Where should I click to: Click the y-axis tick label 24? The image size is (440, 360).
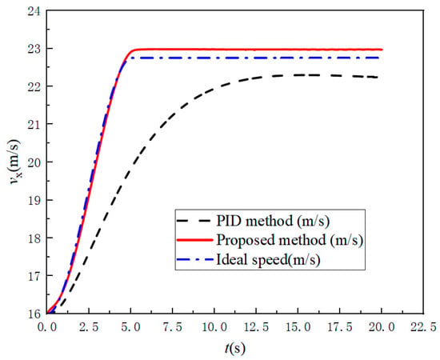[34, 11]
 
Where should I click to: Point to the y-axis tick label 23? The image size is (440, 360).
[34, 49]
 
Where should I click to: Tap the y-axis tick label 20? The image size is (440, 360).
[34, 162]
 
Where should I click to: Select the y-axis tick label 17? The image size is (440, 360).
[34, 276]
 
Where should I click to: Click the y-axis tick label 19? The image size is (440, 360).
[34, 200]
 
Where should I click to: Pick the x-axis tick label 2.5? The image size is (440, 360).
[89, 327]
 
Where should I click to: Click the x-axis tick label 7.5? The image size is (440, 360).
[172, 327]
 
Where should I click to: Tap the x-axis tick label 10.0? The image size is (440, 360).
[214, 327]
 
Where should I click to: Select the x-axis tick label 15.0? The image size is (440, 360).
[298, 327]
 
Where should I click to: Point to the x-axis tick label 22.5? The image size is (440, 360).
[423, 327]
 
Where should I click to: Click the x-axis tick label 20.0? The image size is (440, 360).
[382, 327]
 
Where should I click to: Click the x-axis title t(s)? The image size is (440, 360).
[235, 349]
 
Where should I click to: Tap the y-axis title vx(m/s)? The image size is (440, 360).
[14, 162]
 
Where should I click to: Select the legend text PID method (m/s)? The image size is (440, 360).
[273, 221]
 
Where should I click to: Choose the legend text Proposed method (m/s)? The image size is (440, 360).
[290, 240]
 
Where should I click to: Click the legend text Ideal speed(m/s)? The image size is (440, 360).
[268, 260]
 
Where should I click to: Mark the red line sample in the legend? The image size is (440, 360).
[194, 240]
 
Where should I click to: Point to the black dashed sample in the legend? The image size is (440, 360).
[194, 221]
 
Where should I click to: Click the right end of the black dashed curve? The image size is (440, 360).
[378, 77]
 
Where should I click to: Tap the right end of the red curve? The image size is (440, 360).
[382, 50]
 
